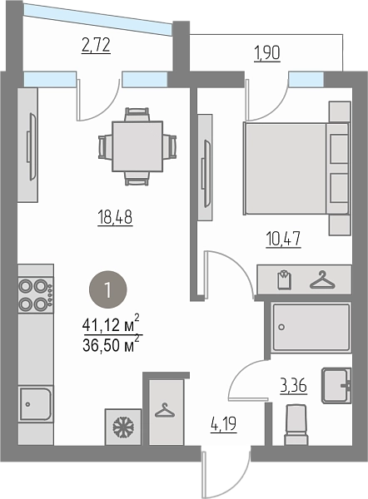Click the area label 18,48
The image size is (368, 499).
115,218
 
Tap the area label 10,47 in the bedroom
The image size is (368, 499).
283,240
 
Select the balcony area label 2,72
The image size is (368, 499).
96,45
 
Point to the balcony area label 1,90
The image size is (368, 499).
267,53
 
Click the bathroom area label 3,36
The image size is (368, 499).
294,387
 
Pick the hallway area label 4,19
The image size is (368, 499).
224,424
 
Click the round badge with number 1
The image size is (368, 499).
107,289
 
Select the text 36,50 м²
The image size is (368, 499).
112,344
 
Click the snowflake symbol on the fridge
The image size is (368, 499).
123,427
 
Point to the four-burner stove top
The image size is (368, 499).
36,295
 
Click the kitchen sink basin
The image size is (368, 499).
35,404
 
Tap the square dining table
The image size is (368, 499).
137,146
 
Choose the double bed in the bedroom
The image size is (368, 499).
296,168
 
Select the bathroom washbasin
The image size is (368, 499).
336,386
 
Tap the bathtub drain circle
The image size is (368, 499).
281,327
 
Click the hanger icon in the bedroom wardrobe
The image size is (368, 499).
322,280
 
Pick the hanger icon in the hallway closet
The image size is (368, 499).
165,410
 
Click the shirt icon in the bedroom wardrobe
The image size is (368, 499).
284,279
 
